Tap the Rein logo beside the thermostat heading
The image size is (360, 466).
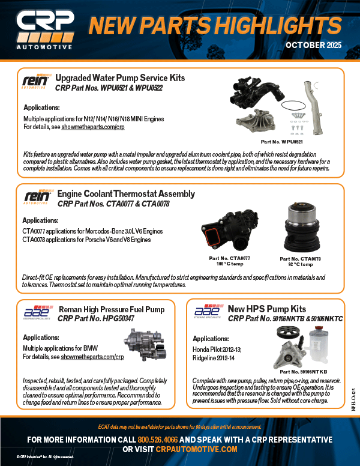35,198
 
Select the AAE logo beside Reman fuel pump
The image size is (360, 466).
35,312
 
